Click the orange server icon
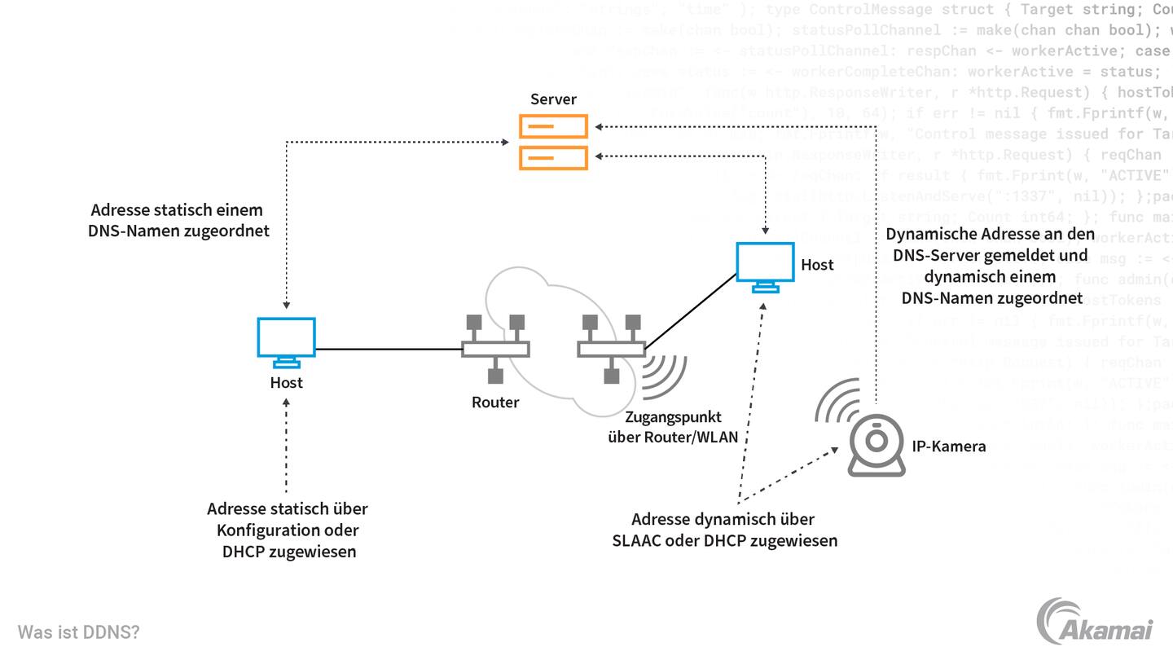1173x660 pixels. pyautogui.click(x=554, y=142)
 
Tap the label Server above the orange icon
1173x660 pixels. pyautogui.click(x=553, y=99)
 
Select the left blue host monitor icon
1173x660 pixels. pyautogui.click(x=286, y=341)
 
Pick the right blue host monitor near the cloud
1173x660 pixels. pyautogui.click(x=765, y=266)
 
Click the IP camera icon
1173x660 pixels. pyautogui.click(x=876, y=446)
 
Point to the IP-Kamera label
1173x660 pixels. pyautogui.click(x=948, y=446)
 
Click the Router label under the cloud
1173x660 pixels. pyautogui.click(x=495, y=402)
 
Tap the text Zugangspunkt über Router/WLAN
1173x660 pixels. pyautogui.click(x=673, y=427)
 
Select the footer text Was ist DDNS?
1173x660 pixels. pyautogui.click(x=79, y=632)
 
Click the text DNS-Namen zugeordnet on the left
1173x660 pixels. pyautogui.click(x=178, y=231)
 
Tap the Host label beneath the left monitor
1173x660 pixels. pyautogui.click(x=286, y=382)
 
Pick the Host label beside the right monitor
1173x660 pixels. pyautogui.click(x=817, y=265)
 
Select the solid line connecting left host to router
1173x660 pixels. pyautogui.click(x=389, y=350)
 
